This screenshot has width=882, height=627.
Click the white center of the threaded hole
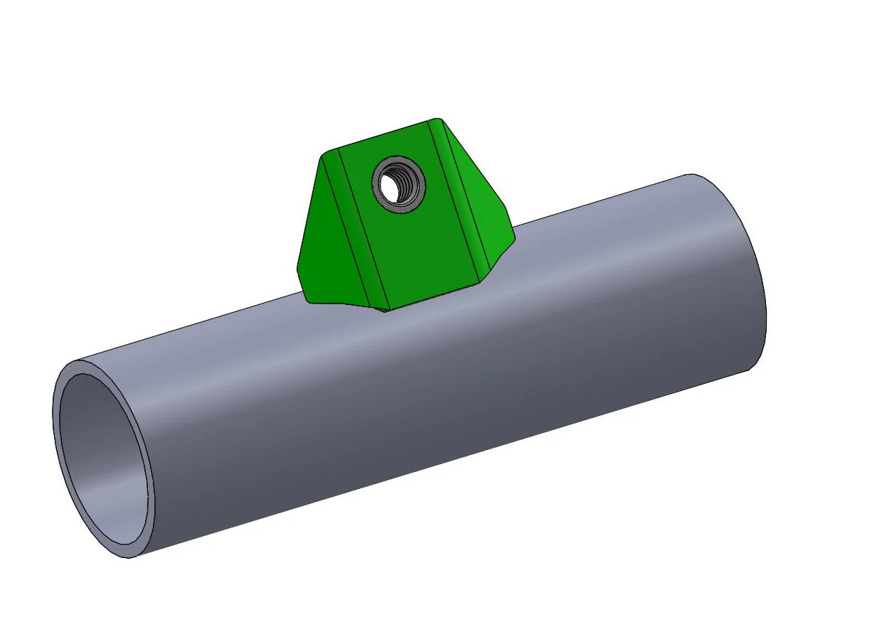[x=390, y=187]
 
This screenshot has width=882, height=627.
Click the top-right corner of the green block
[x=437, y=120]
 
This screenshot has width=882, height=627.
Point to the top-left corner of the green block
[x=326, y=153]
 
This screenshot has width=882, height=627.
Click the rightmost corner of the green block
[x=513, y=237]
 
